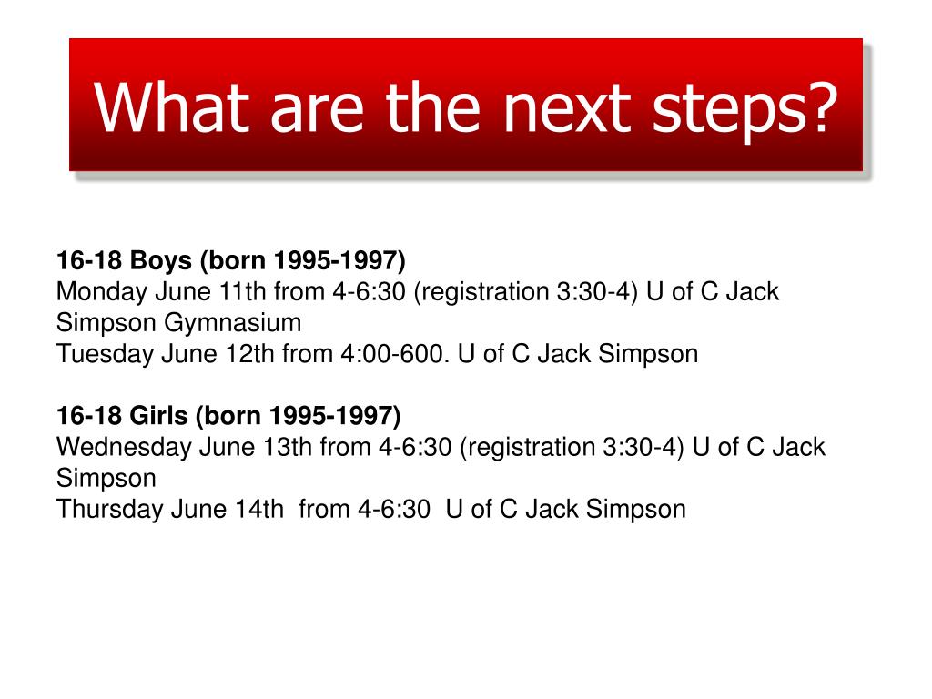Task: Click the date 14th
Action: click(x=259, y=509)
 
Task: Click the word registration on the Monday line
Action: click(x=485, y=292)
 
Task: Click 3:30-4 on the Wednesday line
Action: click(x=642, y=447)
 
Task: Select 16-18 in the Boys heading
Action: click(x=90, y=261)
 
